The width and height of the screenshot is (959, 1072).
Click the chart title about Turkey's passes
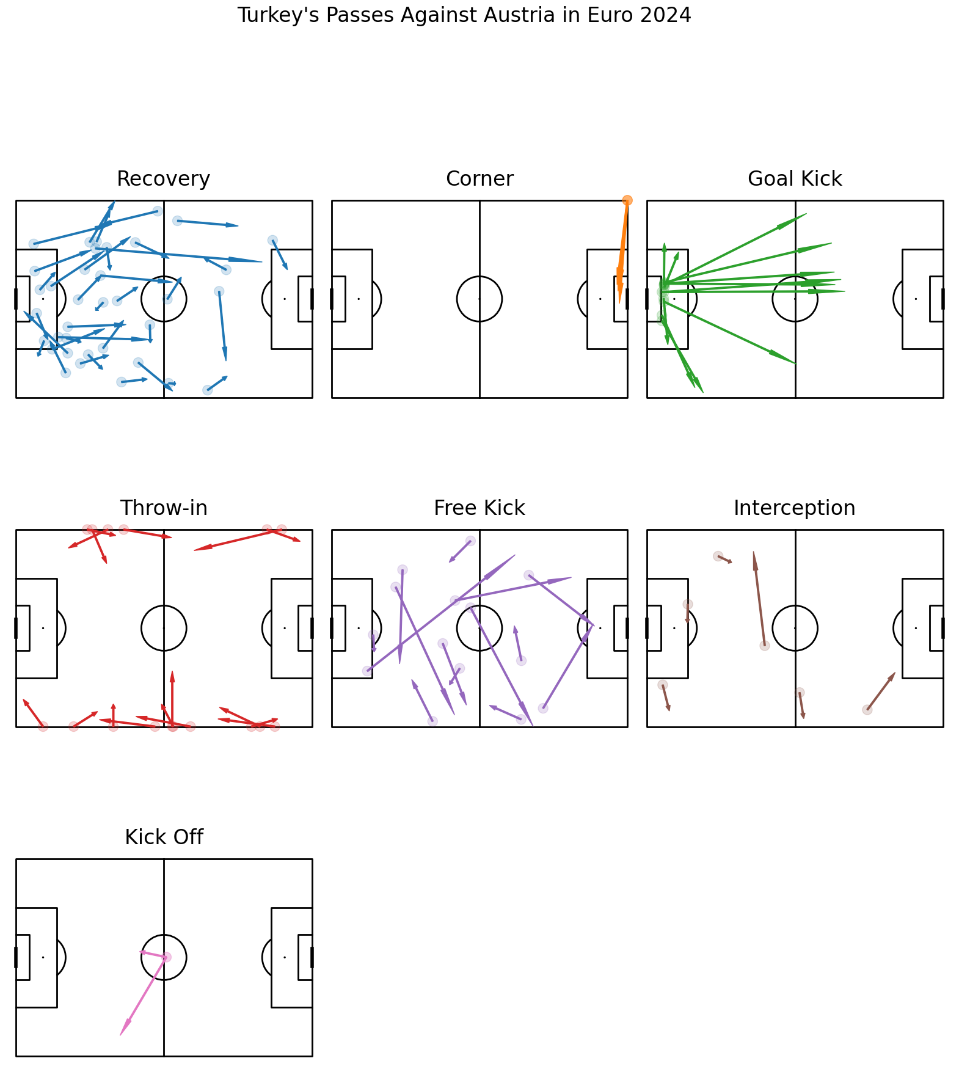coord(464,15)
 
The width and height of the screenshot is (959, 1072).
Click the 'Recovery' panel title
coord(164,179)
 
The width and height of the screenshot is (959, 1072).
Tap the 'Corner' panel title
coord(479,179)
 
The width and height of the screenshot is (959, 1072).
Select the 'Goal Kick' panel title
coord(795,179)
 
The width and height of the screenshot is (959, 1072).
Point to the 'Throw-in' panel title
coord(164,508)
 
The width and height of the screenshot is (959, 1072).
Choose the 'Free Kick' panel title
coord(479,508)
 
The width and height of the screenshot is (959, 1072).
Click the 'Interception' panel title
coord(795,508)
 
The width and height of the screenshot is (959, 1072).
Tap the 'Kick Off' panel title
coord(164,837)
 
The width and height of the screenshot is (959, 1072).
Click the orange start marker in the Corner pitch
coord(627,200)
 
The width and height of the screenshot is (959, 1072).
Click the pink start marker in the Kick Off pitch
coord(166,957)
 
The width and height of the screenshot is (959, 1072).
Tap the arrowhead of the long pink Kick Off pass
coord(121,1034)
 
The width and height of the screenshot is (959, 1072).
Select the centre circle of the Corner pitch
coord(479,277)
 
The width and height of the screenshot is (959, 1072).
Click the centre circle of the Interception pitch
coord(795,606)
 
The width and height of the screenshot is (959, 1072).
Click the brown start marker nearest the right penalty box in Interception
coord(867,710)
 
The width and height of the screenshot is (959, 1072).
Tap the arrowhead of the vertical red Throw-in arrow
coord(172,672)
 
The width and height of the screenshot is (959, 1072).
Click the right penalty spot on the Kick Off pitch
coord(285,957)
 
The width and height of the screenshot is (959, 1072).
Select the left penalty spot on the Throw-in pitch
coord(43,628)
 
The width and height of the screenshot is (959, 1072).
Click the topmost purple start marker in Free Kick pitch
coord(470,541)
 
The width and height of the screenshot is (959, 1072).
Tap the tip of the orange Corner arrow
coord(619,303)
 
